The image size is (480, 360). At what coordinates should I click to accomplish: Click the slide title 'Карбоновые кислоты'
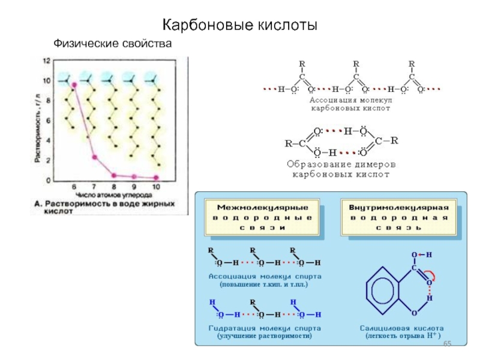(x=240, y=26)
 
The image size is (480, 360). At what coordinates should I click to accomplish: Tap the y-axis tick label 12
(x=46, y=61)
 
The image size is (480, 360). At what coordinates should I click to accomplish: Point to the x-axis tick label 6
(x=74, y=187)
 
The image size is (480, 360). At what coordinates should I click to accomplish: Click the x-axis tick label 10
(x=155, y=187)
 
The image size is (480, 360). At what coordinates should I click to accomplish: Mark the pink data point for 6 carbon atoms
(x=74, y=85)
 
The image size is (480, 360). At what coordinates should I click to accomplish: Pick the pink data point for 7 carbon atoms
(x=94, y=157)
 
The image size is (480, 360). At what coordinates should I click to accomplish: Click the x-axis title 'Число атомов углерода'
(x=114, y=195)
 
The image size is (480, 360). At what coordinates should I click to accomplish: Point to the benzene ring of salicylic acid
(x=384, y=290)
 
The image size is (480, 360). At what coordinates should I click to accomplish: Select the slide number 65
(x=447, y=350)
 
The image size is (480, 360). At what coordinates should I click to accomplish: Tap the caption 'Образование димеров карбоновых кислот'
(x=341, y=169)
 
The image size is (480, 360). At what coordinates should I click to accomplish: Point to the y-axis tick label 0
(x=47, y=179)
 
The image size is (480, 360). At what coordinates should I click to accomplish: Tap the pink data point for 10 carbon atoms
(x=155, y=177)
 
